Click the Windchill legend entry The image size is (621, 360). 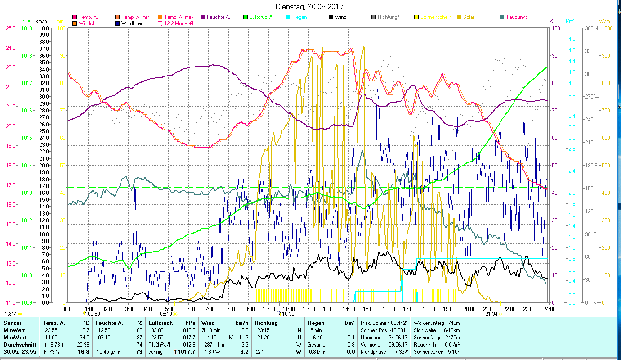click(90, 23)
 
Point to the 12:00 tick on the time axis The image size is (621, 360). click(308, 309)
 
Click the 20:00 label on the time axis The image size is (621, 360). click(469, 309)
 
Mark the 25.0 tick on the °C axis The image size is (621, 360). click(11, 28)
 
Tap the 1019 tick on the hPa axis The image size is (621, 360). click(27, 28)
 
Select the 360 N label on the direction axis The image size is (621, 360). click(590, 28)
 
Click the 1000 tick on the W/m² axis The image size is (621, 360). click(607, 28)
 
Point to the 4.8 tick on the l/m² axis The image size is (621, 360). click(572, 39)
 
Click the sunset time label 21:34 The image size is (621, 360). click(491, 314)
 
